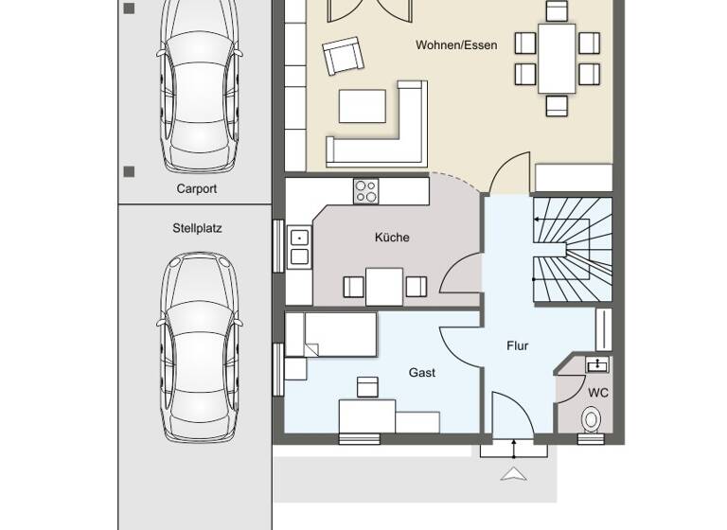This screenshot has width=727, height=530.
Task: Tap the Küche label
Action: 392,238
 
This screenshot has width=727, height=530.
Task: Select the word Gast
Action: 422,373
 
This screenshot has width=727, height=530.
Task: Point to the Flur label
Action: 517,345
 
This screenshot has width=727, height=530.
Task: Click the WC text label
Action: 598,391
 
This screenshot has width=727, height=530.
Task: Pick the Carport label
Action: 197,188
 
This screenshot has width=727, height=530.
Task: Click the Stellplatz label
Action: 197,228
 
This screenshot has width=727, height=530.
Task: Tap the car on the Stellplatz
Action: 197,345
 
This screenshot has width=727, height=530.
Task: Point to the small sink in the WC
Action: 597,364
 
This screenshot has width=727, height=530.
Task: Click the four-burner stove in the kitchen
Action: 365,190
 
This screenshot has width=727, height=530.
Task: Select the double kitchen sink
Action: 299,246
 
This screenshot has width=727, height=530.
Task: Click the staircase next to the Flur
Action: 570,250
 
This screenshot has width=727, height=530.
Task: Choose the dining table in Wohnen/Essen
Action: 558,58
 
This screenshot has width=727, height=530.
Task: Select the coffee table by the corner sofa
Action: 363,106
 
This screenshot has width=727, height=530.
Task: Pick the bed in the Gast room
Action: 331,335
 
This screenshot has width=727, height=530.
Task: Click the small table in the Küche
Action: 384,287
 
